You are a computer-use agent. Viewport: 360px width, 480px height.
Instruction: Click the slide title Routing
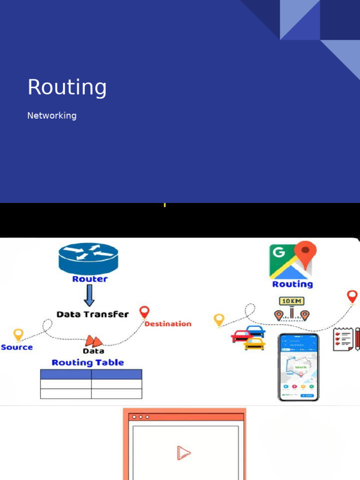point(67,88)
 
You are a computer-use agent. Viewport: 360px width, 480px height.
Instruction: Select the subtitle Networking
point(52,115)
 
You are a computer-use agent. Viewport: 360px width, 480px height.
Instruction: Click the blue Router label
point(90,279)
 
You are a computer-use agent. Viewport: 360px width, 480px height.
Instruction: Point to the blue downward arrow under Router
point(89,296)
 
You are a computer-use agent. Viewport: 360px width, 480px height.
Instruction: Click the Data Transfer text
point(92,314)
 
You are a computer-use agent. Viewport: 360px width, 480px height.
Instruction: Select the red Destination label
point(168,324)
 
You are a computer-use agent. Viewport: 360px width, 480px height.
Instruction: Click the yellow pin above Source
point(18,335)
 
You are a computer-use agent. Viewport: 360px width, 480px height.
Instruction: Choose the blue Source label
point(17,347)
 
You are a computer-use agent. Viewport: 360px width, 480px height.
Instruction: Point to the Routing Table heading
point(88,362)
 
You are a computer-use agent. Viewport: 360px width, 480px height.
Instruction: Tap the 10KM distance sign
point(292,301)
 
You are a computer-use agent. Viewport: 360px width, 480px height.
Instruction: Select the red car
point(242,336)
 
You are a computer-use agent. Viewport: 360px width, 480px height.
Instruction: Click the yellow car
point(254,344)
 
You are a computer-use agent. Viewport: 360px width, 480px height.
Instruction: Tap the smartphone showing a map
point(298,367)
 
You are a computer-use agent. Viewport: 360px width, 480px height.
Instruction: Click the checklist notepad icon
point(344,339)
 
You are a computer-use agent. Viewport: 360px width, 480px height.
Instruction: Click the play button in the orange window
point(184,452)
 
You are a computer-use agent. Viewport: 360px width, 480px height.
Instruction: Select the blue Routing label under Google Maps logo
point(292,284)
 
